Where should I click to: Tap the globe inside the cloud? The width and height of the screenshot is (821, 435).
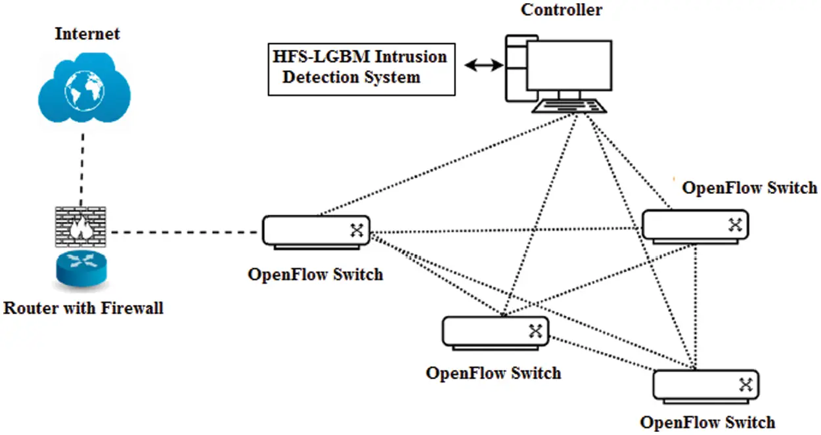(x=83, y=92)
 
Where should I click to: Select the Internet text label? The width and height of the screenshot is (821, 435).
(x=87, y=34)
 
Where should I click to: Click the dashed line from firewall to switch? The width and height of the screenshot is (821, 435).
(x=184, y=232)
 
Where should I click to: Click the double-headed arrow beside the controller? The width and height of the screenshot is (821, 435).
(x=483, y=65)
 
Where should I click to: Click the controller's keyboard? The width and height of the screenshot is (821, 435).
(x=569, y=106)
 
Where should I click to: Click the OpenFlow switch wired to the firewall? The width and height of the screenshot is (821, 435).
(x=316, y=231)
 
